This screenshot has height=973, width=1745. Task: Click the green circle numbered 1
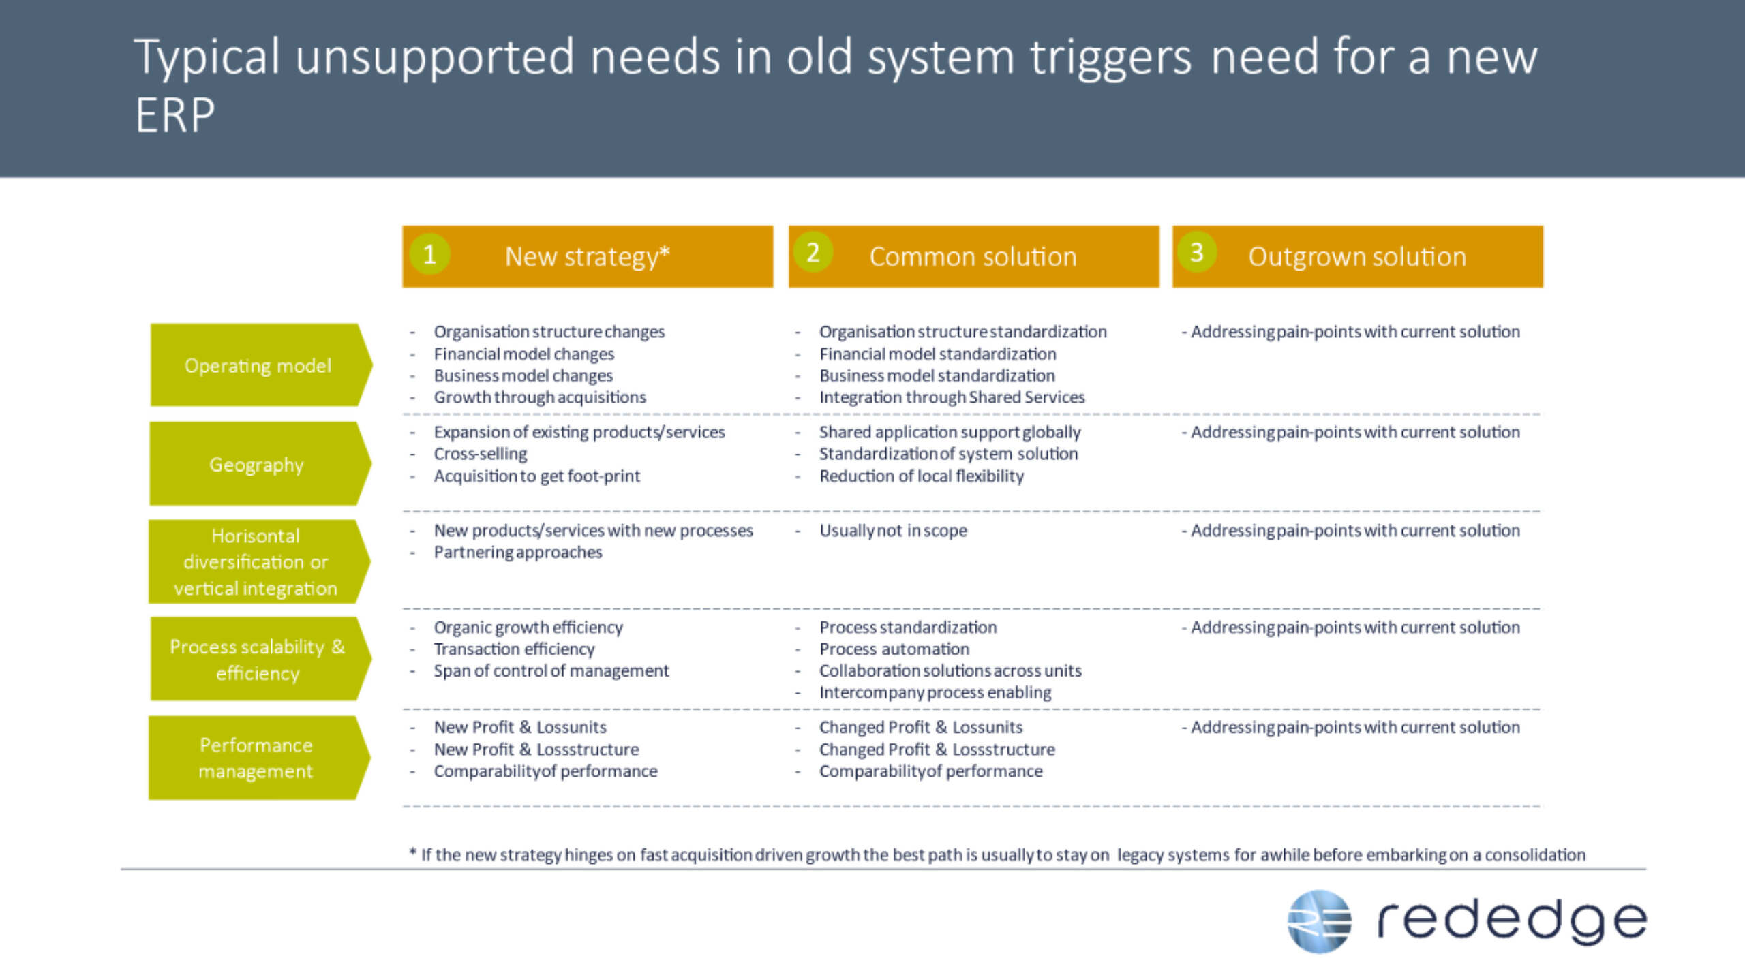click(x=429, y=254)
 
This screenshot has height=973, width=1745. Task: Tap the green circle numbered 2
click(x=813, y=253)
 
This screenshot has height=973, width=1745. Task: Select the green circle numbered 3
click(x=1196, y=253)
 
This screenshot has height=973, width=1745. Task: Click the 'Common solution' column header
click(x=973, y=257)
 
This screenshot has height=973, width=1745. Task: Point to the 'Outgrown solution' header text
click(x=1357, y=257)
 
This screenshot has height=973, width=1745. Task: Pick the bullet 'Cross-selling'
click(x=481, y=454)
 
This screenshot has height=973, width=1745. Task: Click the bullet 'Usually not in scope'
click(x=893, y=530)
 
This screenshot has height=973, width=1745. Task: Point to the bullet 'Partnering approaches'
click(x=518, y=552)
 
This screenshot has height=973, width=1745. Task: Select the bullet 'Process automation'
click(x=894, y=649)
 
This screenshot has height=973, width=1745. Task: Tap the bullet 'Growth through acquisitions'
click(x=540, y=397)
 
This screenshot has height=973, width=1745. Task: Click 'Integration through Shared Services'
click(x=952, y=397)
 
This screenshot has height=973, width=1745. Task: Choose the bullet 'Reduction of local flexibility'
click(x=922, y=476)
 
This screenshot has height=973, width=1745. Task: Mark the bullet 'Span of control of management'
click(x=551, y=670)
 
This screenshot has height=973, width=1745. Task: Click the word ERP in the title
click(x=175, y=115)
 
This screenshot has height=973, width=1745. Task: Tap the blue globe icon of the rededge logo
click(x=1319, y=921)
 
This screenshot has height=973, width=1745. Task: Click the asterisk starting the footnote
click(x=412, y=852)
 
